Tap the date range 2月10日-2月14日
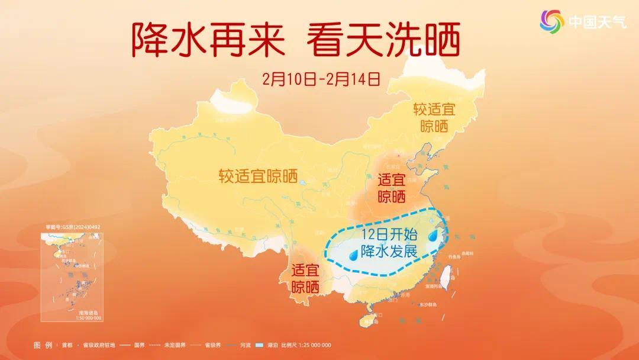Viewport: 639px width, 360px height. click(x=320, y=78)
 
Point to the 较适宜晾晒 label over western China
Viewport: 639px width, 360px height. click(x=257, y=176)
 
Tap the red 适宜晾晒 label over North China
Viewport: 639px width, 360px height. click(x=391, y=188)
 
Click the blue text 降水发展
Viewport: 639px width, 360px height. click(x=389, y=251)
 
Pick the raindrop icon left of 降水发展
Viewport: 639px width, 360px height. click(x=353, y=255)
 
